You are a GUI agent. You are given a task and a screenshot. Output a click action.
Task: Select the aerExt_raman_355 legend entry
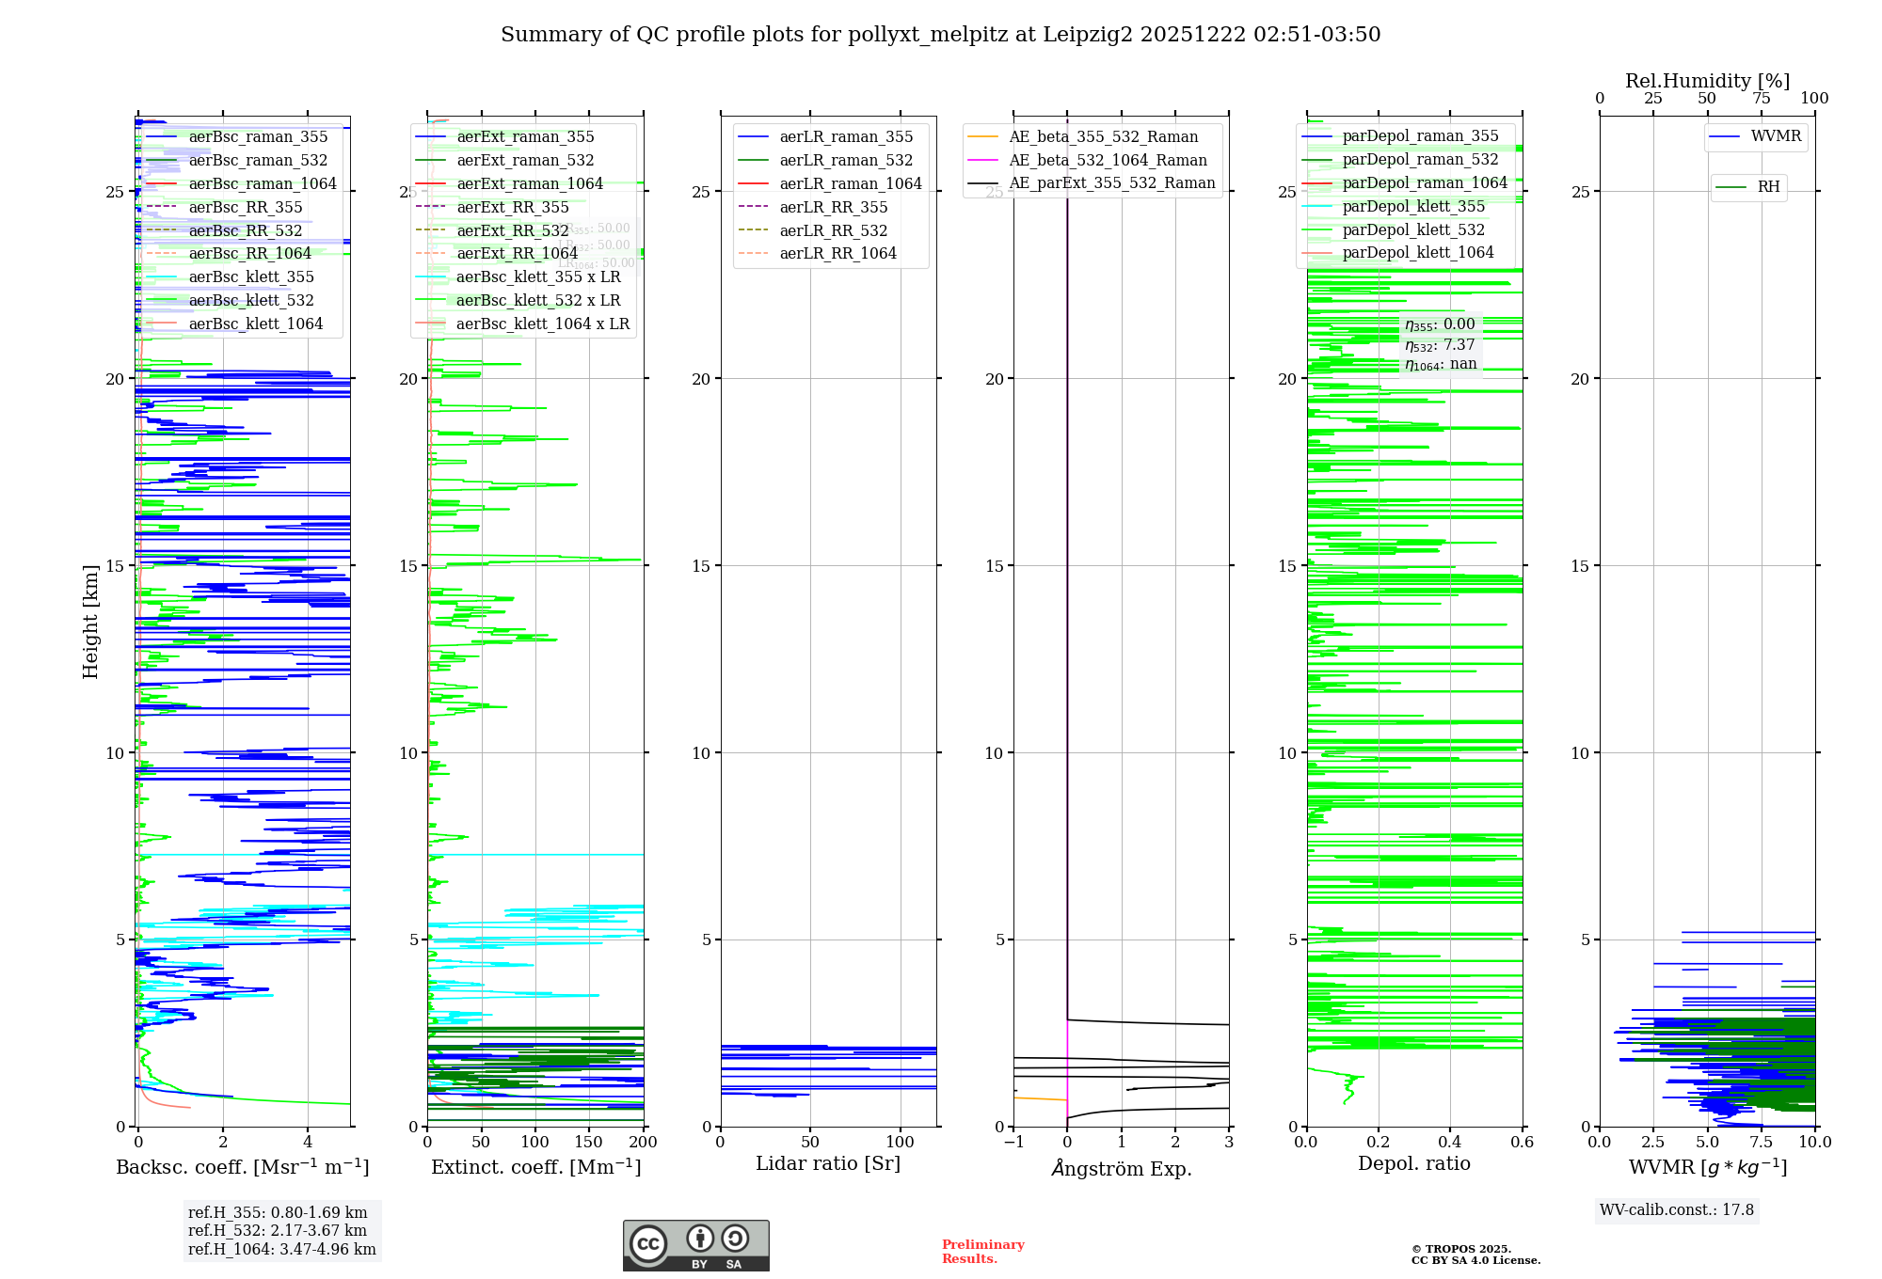coord(525,137)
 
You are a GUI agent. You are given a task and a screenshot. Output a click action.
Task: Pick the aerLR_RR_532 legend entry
coord(833,231)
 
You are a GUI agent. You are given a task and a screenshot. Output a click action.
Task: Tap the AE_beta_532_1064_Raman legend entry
coord(1108,161)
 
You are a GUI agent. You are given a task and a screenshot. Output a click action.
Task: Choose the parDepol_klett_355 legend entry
coord(1413,207)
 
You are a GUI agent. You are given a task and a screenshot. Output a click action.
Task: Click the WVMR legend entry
coord(1776,136)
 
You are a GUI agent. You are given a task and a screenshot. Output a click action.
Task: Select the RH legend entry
coord(1768,187)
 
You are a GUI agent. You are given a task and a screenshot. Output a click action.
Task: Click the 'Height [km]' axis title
coord(90,622)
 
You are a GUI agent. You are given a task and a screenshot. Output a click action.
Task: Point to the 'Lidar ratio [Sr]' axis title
coord(828,1164)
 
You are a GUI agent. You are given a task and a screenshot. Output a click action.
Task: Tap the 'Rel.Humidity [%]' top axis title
coord(1707,81)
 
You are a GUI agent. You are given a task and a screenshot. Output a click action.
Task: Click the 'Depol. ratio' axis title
coord(1413,1164)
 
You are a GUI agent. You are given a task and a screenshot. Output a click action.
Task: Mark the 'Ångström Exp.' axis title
coord(1121,1169)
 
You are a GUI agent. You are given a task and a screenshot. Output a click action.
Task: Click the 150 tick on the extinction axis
coord(589,1143)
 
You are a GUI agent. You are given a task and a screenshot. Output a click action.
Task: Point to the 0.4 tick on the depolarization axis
coord(1450,1143)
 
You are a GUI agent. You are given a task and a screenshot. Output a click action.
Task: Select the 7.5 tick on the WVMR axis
coord(1761,1143)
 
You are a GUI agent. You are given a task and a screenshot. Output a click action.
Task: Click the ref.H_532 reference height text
coord(277,1231)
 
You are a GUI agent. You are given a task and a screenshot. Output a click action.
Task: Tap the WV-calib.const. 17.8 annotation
coord(1677,1210)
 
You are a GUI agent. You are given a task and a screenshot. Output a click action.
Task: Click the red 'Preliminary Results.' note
coord(982,1252)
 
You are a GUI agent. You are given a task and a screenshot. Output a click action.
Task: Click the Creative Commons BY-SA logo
coord(695,1246)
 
